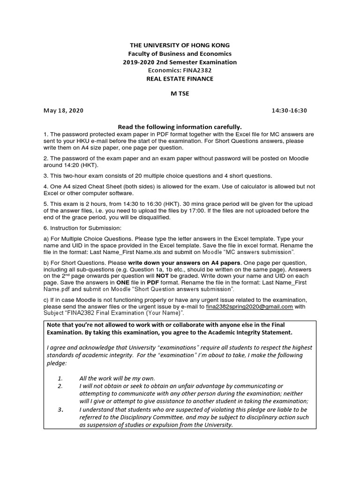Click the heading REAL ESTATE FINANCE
(180, 79)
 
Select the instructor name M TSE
(180, 95)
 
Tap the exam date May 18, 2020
(64, 111)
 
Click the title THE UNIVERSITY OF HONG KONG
(180, 45)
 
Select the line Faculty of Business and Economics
(180, 53)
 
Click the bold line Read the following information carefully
(180, 127)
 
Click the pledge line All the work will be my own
(117, 378)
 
